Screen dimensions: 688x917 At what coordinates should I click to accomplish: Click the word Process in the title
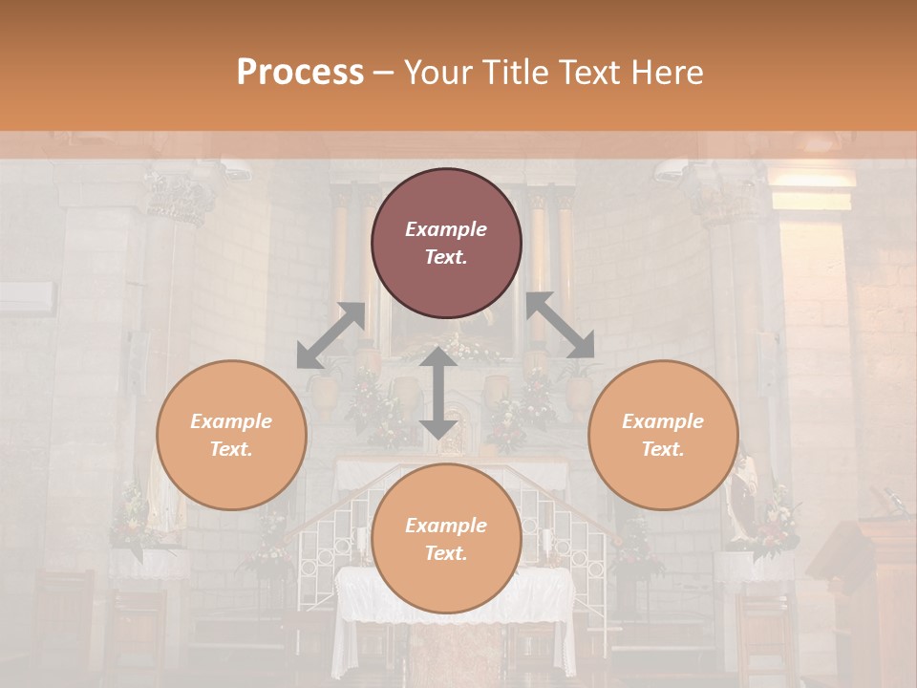(x=300, y=73)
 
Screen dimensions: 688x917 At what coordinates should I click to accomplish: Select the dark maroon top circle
(x=446, y=244)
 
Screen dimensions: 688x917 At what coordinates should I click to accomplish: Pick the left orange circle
(x=231, y=436)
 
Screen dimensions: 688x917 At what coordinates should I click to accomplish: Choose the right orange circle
(x=663, y=436)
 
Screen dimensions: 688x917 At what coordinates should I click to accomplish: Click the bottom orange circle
(x=446, y=539)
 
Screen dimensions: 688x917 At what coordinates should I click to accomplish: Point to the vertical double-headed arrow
(x=438, y=393)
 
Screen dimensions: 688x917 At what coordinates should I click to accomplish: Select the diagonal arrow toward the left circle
(x=331, y=335)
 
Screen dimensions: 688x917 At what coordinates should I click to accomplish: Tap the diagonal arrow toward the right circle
(x=561, y=325)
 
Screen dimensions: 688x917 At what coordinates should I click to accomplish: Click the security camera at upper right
(x=670, y=170)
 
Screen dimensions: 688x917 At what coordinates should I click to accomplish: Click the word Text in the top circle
(x=446, y=258)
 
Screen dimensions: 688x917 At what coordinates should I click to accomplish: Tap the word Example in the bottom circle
(x=446, y=525)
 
